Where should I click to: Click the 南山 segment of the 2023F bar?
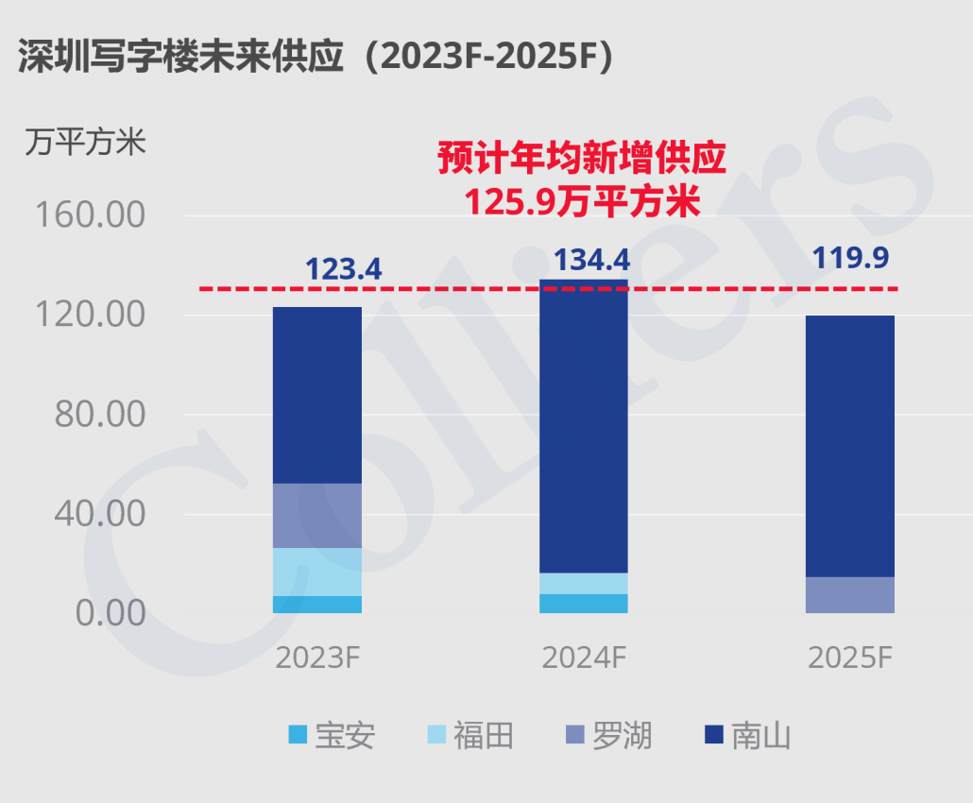(317, 395)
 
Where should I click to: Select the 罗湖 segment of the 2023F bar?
(317, 515)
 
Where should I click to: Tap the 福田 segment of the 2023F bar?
(317, 572)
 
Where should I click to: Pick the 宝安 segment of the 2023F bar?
(317, 604)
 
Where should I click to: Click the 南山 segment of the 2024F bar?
(584, 425)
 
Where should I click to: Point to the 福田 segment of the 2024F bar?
(584, 583)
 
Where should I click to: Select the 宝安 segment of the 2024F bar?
(584, 603)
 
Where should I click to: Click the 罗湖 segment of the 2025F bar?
(850, 594)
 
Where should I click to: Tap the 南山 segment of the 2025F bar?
(850, 446)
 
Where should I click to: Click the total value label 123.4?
(343, 269)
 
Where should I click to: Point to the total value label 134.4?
(590, 260)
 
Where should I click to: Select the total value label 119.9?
(851, 257)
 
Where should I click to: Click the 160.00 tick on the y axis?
(90, 215)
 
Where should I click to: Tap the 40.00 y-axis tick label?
(97, 514)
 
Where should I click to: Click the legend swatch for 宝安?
(299, 734)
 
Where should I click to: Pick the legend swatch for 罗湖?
(576, 734)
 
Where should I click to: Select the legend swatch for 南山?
(714, 734)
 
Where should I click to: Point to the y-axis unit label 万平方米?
(85, 144)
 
